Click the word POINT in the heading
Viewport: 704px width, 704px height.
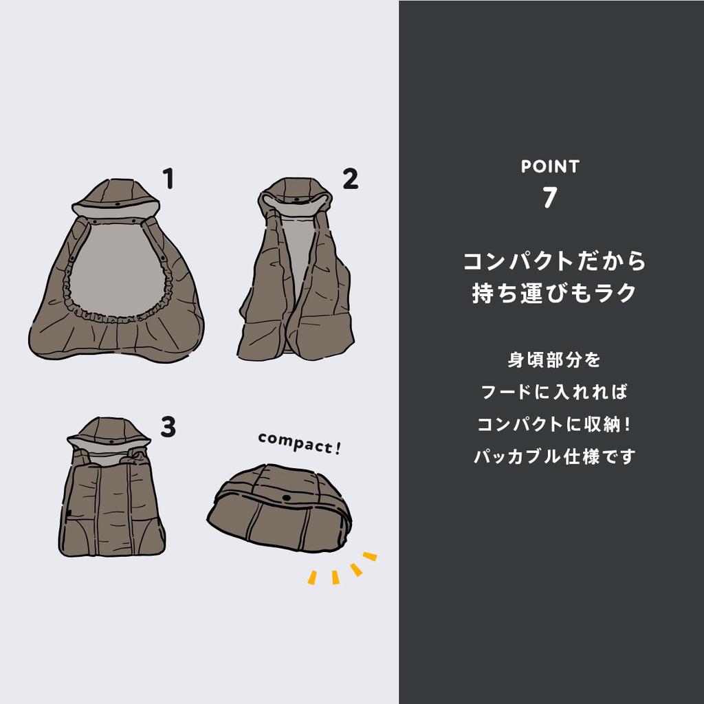550,166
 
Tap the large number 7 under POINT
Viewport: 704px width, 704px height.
549,197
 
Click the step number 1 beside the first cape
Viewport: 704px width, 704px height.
168,179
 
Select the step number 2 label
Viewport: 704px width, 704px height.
350,179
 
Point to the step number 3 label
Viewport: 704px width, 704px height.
168,428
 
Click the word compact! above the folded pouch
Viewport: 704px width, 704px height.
300,444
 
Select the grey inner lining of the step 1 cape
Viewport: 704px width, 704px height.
115,268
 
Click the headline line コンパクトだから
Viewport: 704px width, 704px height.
554,262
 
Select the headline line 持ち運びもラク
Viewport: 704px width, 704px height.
554,293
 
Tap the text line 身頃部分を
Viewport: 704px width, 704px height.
554,360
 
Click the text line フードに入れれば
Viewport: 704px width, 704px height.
554,393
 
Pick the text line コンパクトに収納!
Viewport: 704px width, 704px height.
554,424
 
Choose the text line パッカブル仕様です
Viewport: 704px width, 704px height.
554,456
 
